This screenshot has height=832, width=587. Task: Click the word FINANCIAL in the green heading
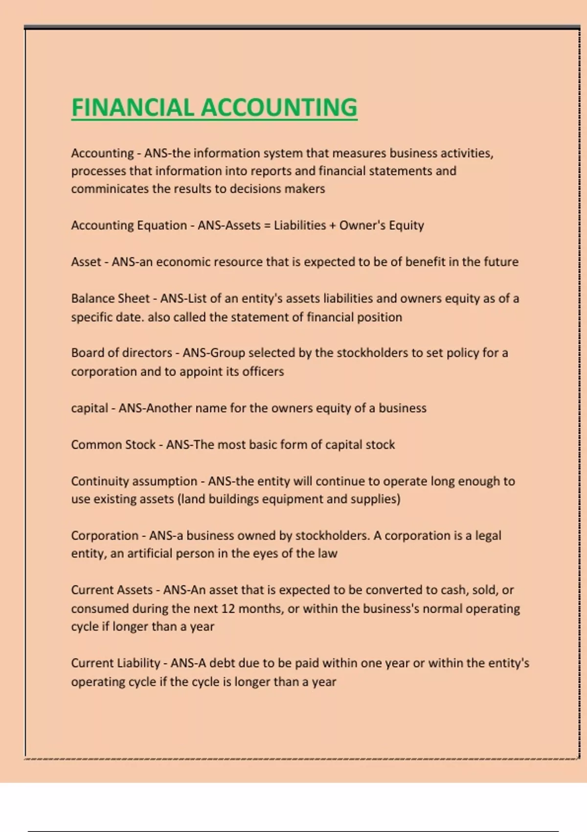[133, 108]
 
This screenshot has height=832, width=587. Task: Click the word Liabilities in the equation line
[299, 226]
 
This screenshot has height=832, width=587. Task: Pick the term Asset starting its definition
[86, 262]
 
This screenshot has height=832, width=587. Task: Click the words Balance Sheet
[110, 299]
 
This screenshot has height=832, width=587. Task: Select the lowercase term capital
[90, 408]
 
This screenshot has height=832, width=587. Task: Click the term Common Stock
[113, 445]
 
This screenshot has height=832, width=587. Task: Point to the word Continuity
[100, 481]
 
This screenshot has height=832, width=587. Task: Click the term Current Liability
[115, 663]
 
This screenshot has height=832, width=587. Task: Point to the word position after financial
[379, 317]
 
